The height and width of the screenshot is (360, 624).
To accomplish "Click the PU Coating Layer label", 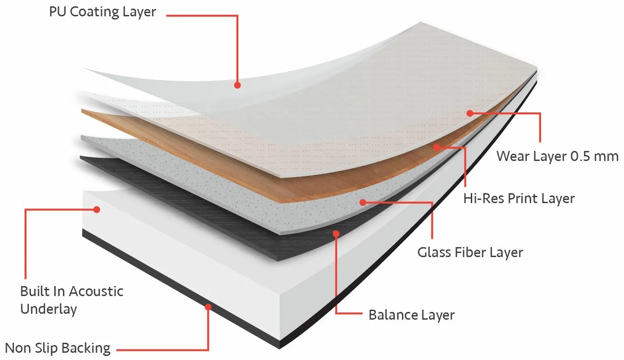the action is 102,12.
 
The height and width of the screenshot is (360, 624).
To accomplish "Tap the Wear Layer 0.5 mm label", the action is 557,156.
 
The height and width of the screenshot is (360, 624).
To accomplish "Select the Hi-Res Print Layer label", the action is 519,199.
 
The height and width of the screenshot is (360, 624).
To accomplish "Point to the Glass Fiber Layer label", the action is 470,253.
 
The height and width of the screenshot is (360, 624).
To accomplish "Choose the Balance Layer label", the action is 411,315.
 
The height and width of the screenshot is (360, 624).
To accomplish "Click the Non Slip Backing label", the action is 58,348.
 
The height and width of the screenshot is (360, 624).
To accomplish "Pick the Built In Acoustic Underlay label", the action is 72,300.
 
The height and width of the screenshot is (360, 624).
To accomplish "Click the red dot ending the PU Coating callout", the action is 237,85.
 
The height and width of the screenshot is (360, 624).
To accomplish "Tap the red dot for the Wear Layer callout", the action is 470,113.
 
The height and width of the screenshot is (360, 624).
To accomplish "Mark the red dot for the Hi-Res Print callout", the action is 436,147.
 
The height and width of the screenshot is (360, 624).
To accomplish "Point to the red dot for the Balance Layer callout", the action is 336,234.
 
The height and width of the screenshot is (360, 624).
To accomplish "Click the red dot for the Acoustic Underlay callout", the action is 97,209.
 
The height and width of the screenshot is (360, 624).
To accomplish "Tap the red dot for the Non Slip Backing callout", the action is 208,307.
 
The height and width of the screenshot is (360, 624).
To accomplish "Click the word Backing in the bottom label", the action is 86,348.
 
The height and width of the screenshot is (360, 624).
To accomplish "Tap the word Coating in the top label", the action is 93,12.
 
